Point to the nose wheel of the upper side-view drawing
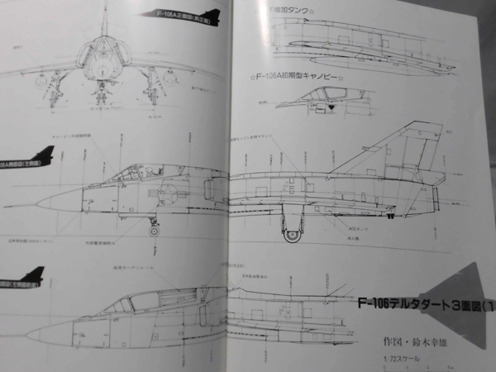click(154, 229)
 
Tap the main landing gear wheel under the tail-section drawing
click(292, 234)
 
